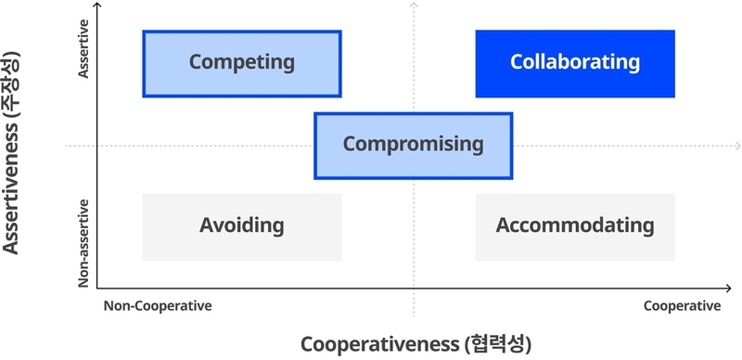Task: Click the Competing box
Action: [x=241, y=64]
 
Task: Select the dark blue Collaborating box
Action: [x=575, y=64]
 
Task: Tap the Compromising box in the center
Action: [x=413, y=146]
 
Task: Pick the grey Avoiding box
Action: [x=241, y=226]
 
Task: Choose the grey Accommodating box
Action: [x=575, y=226]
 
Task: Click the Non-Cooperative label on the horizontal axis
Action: [x=158, y=306]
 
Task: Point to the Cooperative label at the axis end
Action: [x=682, y=306]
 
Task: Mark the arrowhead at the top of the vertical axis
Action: [x=98, y=7]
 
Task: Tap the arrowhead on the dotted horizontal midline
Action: [x=736, y=146]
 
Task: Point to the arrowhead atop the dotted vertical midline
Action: [x=414, y=7]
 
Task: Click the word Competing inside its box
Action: [x=241, y=63]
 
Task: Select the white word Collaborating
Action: [x=575, y=63]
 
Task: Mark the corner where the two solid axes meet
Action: [x=98, y=288]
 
